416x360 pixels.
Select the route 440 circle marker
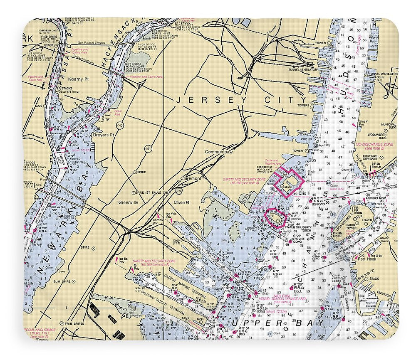[x=120, y=125]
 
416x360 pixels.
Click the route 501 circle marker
[x=149, y=148]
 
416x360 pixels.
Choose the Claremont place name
[x=191, y=178]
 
